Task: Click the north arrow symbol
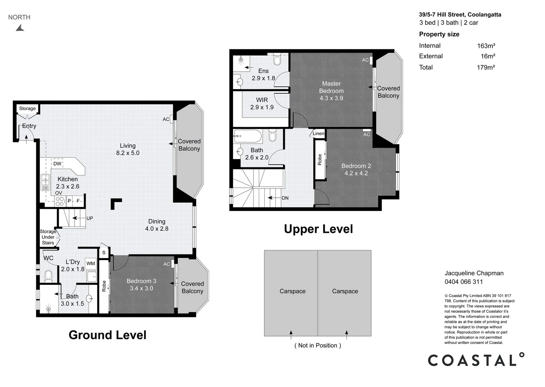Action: point(20,28)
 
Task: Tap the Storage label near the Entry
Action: point(27,108)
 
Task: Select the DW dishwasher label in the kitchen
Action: point(57,164)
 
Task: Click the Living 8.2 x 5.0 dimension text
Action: point(128,153)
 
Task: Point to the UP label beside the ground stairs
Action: point(90,218)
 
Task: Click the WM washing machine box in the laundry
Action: point(91,263)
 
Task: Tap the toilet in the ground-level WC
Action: point(48,276)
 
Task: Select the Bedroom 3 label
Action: point(141,281)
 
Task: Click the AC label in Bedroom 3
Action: point(166,264)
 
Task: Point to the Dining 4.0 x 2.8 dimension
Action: point(157,228)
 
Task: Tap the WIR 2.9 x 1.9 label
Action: point(262,104)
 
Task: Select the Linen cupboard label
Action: point(318,133)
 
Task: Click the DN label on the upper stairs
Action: point(285,198)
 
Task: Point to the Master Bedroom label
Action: point(331,87)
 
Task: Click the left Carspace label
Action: point(293,291)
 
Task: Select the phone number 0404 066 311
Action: point(464,282)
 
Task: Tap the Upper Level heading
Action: point(318,229)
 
